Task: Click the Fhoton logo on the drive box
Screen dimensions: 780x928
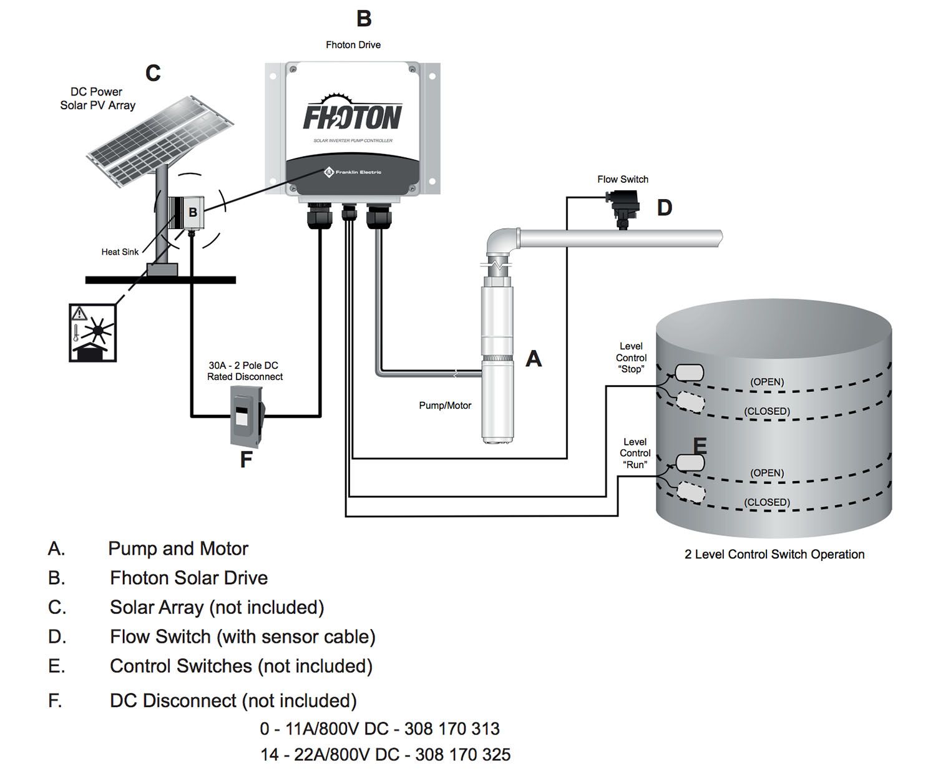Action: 353,115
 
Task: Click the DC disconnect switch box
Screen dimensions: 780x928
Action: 247,414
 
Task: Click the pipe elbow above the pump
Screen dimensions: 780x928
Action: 502,243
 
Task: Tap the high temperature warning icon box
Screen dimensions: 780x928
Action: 92,333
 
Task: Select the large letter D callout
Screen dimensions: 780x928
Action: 664,208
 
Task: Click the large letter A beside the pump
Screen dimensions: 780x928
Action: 534,358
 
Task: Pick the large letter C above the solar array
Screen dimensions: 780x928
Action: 153,73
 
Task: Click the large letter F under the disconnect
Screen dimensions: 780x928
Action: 246,460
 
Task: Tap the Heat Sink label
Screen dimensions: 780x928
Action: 120,252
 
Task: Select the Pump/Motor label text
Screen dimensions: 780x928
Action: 445,406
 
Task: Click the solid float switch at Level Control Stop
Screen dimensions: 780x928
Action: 689,373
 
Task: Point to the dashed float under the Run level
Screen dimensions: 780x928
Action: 690,492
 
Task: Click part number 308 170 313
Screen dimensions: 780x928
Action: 452,728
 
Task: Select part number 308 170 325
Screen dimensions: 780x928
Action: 462,754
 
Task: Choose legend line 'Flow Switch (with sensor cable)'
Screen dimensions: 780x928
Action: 242,636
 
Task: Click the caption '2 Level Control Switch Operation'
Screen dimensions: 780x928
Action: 774,554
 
